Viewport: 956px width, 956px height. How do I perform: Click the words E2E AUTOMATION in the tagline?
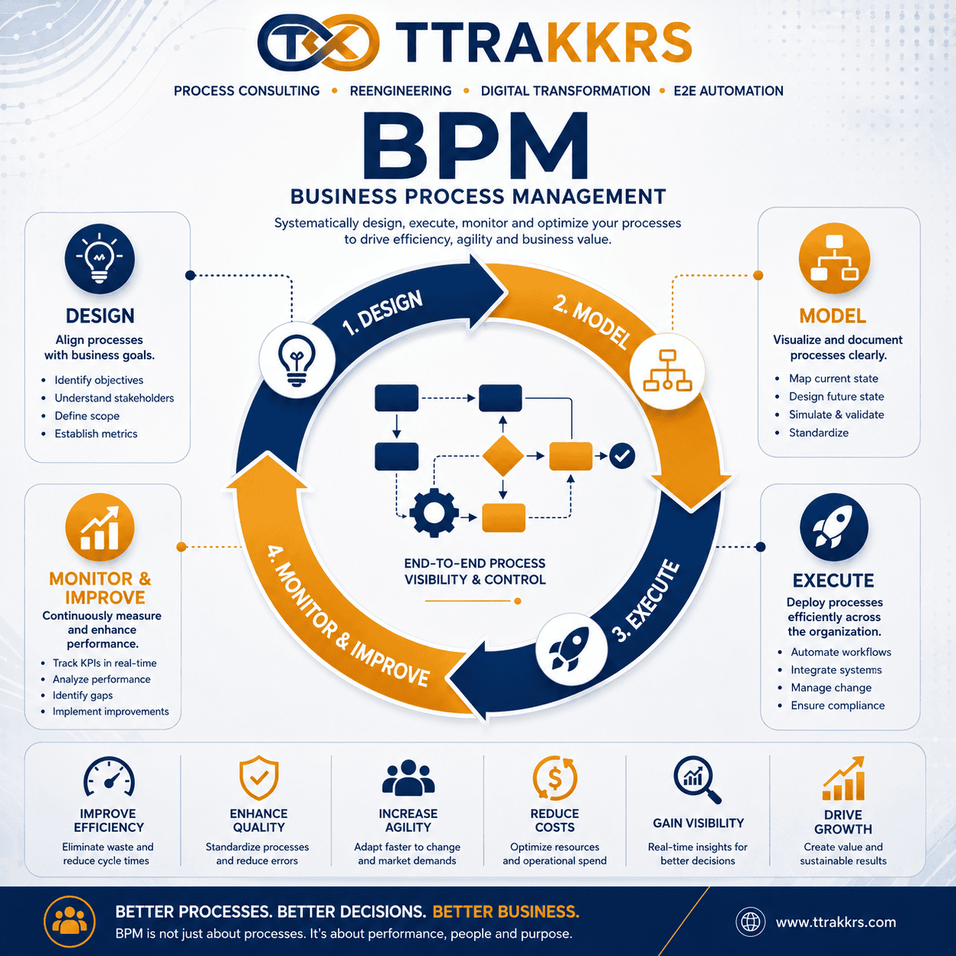coord(728,91)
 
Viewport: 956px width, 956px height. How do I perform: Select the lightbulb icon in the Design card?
coord(100,258)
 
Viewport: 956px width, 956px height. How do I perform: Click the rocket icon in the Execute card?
coord(834,528)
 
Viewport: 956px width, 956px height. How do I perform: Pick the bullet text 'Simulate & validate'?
coord(836,415)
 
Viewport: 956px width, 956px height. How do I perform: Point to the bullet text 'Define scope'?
coord(87,415)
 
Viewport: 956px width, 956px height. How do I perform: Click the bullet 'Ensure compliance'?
coord(837,705)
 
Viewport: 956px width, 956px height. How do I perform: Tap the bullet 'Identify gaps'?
coord(83,695)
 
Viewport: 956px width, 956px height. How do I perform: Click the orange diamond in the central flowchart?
coord(502,456)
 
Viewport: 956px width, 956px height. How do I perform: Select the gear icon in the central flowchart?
coord(434,513)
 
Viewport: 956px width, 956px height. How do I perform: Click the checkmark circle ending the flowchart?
coord(622,456)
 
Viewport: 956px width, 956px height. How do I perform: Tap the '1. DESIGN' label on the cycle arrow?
coord(383,313)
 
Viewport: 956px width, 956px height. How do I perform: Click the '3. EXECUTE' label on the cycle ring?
coord(646,601)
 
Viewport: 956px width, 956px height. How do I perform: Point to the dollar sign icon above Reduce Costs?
coord(555,778)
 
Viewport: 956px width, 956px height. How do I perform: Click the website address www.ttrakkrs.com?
coord(836,922)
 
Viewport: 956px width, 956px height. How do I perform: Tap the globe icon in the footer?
coord(750,922)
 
